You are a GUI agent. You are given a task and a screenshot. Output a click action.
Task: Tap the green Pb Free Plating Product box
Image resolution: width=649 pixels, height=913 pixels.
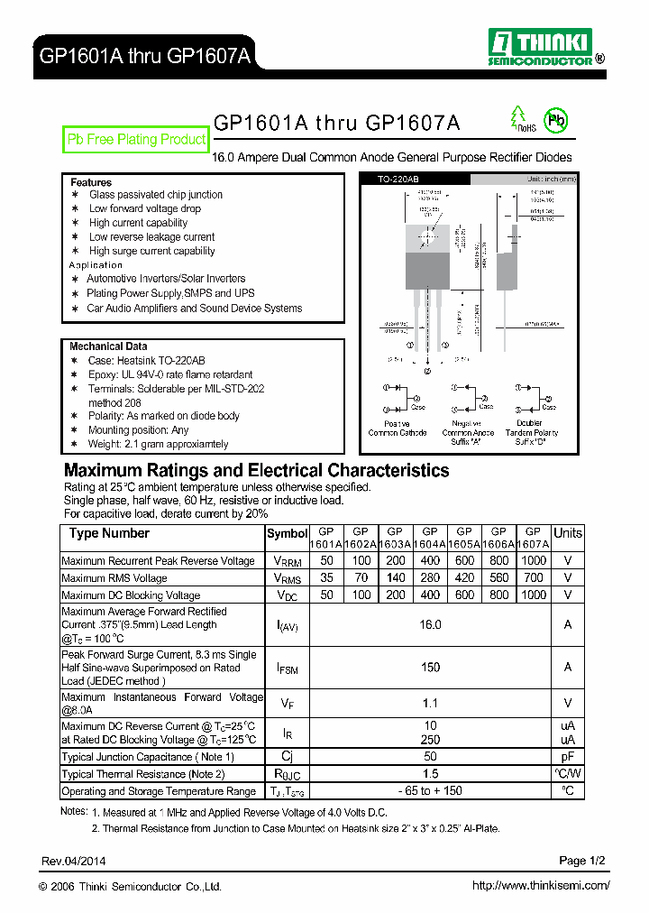click(136, 140)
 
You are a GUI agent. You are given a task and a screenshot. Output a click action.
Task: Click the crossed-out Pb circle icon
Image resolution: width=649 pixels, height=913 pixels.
click(558, 120)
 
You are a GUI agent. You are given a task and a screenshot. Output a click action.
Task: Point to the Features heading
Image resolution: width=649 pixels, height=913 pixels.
click(91, 182)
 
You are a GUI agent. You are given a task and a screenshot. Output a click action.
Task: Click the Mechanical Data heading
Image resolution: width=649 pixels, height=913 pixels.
click(108, 346)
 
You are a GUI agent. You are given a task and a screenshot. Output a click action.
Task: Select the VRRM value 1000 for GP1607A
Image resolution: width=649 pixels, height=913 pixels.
click(533, 561)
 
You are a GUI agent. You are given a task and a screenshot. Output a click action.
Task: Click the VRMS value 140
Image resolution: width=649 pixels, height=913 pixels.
click(395, 578)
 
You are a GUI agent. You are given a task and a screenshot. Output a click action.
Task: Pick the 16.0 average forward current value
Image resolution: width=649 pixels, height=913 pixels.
click(430, 624)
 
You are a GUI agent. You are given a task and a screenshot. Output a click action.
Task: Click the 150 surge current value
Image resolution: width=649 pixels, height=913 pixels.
click(430, 668)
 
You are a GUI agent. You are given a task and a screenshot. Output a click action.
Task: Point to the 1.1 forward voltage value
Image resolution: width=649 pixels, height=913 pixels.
click(430, 704)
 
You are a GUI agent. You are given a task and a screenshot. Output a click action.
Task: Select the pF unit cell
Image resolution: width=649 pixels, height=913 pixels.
click(568, 757)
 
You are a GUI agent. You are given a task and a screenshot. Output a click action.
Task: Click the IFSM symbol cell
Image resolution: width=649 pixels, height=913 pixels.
click(287, 668)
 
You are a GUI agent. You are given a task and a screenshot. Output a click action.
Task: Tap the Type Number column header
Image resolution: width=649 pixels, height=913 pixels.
click(109, 533)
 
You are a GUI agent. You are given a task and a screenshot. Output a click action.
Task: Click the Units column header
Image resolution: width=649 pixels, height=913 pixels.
click(568, 533)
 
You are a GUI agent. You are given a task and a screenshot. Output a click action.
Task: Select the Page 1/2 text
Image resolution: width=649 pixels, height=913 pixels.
click(584, 861)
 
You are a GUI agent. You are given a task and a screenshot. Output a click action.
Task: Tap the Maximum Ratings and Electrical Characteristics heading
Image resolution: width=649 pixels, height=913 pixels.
click(256, 471)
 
